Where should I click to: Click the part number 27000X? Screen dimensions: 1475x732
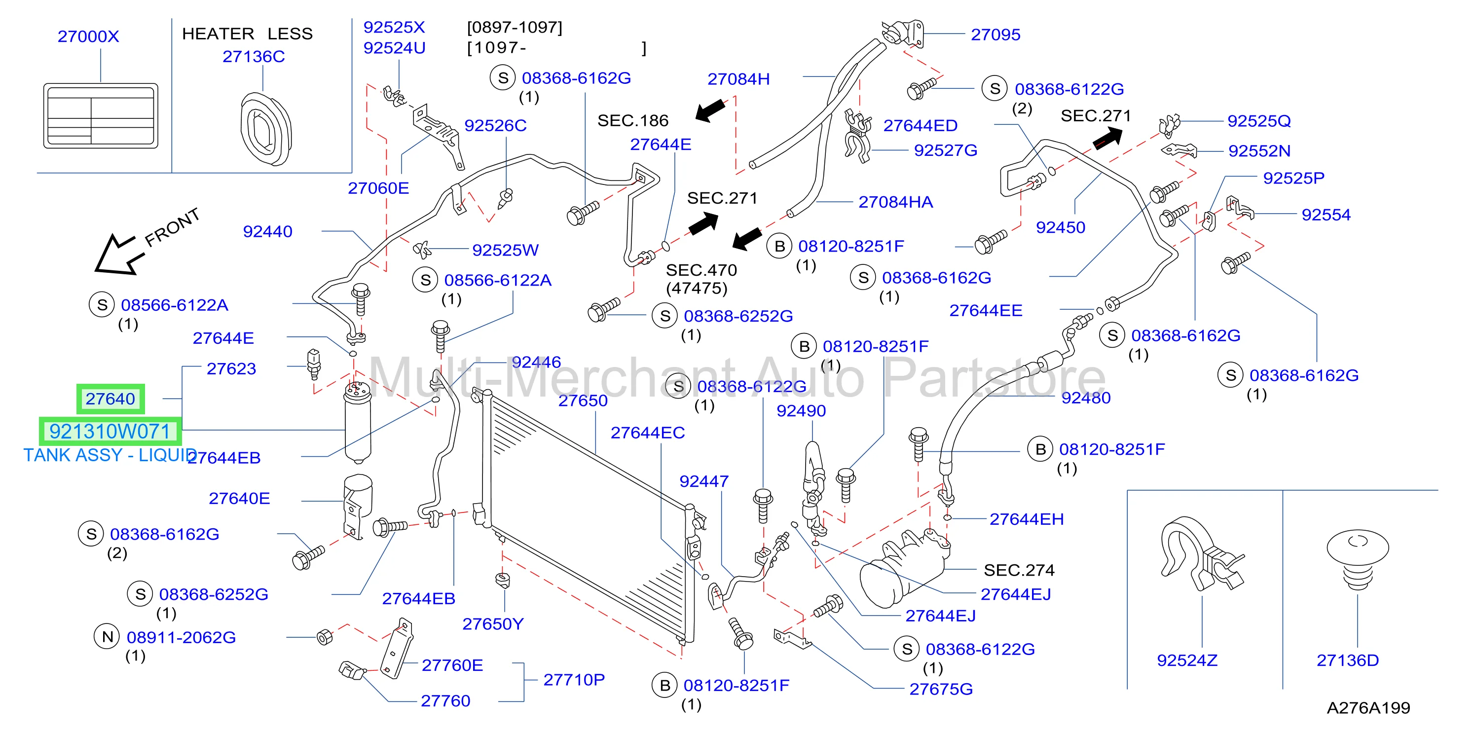click(x=88, y=36)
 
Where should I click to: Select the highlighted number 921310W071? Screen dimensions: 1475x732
click(x=110, y=431)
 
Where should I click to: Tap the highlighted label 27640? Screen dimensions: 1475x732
click(x=111, y=399)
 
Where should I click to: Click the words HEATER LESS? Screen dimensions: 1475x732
click(x=247, y=34)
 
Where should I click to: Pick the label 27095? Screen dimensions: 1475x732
click(x=995, y=35)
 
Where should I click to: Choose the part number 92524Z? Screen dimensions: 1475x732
click(x=1187, y=660)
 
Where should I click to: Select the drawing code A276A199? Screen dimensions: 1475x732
click(x=1368, y=708)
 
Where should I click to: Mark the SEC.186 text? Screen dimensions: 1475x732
click(x=633, y=120)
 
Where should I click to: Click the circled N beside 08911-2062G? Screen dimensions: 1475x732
click(x=107, y=636)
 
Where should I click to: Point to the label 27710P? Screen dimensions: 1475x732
click(x=574, y=679)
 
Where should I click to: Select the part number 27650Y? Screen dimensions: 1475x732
click(x=492, y=624)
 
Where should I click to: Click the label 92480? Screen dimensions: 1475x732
click(x=1086, y=398)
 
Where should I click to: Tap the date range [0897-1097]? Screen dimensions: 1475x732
click(x=515, y=27)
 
